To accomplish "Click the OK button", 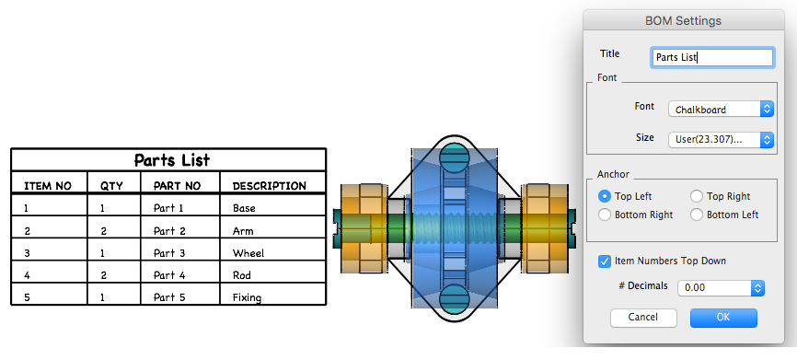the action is pyautogui.click(x=723, y=318).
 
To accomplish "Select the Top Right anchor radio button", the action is pyautogui.click(x=697, y=196).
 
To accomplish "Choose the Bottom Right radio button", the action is pyautogui.click(x=605, y=215).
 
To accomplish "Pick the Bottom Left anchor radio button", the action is pyautogui.click(x=697, y=215).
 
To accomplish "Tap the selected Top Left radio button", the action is pyautogui.click(x=605, y=196).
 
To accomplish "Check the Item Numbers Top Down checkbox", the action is pyautogui.click(x=605, y=261).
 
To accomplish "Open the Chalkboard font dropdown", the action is pyautogui.click(x=721, y=110).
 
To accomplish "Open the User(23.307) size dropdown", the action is pyautogui.click(x=721, y=139).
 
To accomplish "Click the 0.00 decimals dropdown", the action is pyautogui.click(x=721, y=288).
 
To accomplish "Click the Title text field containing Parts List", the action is pyautogui.click(x=712, y=57).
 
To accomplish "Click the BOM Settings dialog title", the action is pyautogui.click(x=683, y=21).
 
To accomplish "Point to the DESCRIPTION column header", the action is pyautogui.click(x=270, y=186).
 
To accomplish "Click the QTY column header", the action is pyautogui.click(x=111, y=186).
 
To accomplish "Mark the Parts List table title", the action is pyautogui.click(x=172, y=160).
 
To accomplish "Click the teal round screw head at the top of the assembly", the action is pyautogui.click(x=453, y=157).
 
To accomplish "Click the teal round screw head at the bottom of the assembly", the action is pyautogui.click(x=453, y=298).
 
